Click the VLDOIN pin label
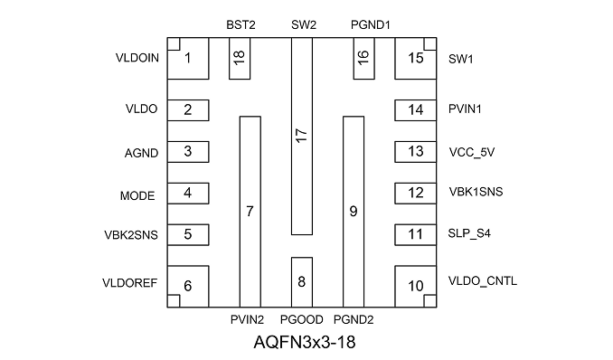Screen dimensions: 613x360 pyautogui.click(x=137, y=58)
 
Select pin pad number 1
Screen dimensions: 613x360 pyautogui.click(x=188, y=59)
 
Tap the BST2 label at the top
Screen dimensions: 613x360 pyautogui.click(x=240, y=25)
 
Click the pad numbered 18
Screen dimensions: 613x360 pyautogui.click(x=240, y=59)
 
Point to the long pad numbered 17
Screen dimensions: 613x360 pyautogui.click(x=302, y=137)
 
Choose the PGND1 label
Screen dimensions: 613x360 pyautogui.click(x=371, y=25)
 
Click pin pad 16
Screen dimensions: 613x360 pyautogui.click(x=364, y=59)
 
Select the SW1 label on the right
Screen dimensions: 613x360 pyautogui.click(x=461, y=59)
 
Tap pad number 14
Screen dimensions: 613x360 pyautogui.click(x=416, y=110)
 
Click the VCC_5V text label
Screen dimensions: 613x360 pyautogui.click(x=472, y=152)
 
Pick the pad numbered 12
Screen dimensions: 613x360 pyautogui.click(x=416, y=194)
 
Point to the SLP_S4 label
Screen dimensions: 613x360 pyautogui.click(x=469, y=233)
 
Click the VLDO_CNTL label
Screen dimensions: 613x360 pyautogui.click(x=483, y=281)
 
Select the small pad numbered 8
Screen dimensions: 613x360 pyautogui.click(x=302, y=282)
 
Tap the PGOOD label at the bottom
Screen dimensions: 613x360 pyautogui.click(x=302, y=319)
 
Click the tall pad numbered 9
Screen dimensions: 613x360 pyautogui.click(x=354, y=212)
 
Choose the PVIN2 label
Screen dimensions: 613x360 pyautogui.click(x=247, y=319)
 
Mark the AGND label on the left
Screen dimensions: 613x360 pyautogui.click(x=142, y=153)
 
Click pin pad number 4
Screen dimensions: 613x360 pyautogui.click(x=188, y=194)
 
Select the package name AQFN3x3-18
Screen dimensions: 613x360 pyautogui.click(x=305, y=343)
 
